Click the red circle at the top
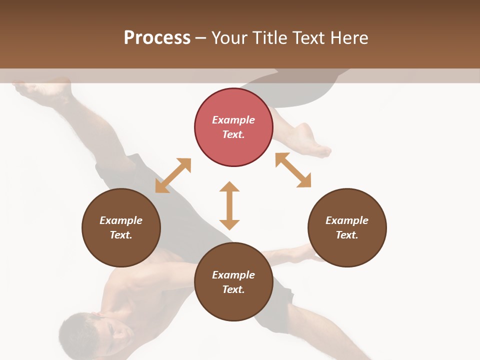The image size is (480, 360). pyautogui.click(x=233, y=127)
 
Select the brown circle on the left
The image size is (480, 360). pyautogui.click(x=121, y=227)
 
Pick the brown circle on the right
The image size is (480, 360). pyautogui.click(x=347, y=227)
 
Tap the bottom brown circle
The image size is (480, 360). pyautogui.click(x=233, y=281)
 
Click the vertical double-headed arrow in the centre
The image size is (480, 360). pyautogui.click(x=229, y=205)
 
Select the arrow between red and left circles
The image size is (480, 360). pyautogui.click(x=173, y=175)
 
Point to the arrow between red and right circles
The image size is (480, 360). pyautogui.click(x=293, y=170)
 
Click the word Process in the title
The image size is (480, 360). pyautogui.click(x=157, y=37)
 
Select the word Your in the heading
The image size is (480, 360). pyautogui.click(x=229, y=37)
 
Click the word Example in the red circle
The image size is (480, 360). pyautogui.click(x=233, y=120)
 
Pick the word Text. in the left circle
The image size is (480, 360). pyautogui.click(x=121, y=235)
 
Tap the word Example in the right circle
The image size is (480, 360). pyautogui.click(x=347, y=220)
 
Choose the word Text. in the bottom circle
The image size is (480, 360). pyautogui.click(x=233, y=289)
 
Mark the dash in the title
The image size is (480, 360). pyautogui.click(x=201, y=38)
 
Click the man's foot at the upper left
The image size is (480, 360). pyautogui.click(x=42, y=90)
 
